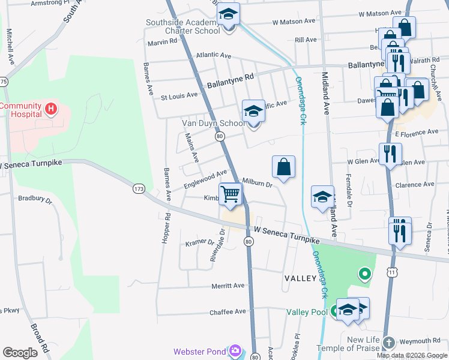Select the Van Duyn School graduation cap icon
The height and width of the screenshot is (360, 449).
(x=253, y=112)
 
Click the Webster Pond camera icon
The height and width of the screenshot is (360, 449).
(x=235, y=351)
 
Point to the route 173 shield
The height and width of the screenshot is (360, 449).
(x=139, y=188)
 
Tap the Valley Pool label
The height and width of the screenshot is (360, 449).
(x=307, y=311)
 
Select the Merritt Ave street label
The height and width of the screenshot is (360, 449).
(x=228, y=286)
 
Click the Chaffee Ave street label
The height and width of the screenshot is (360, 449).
(x=228, y=312)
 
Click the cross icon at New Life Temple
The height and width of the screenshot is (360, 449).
(x=388, y=343)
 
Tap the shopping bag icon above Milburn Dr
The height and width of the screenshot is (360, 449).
(x=284, y=167)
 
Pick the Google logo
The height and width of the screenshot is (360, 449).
(x=20, y=353)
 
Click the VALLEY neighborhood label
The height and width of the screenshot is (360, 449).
(x=300, y=278)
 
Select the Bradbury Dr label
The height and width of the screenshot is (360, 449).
(x=35, y=198)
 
